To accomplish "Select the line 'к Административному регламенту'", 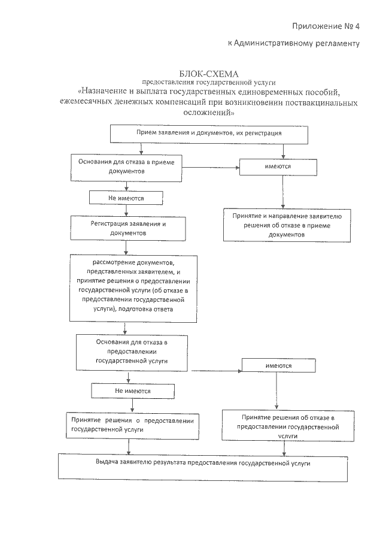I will (x=293, y=44).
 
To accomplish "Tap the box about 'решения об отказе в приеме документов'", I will (x=287, y=225).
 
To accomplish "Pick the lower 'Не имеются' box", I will (x=132, y=391).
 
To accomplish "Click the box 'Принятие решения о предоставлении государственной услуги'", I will (x=132, y=425).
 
